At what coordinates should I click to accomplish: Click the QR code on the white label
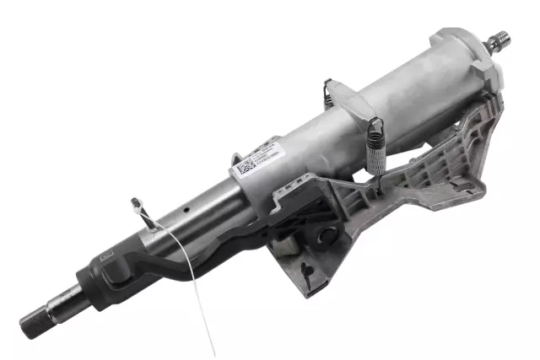245,165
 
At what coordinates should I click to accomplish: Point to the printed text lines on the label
267,158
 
